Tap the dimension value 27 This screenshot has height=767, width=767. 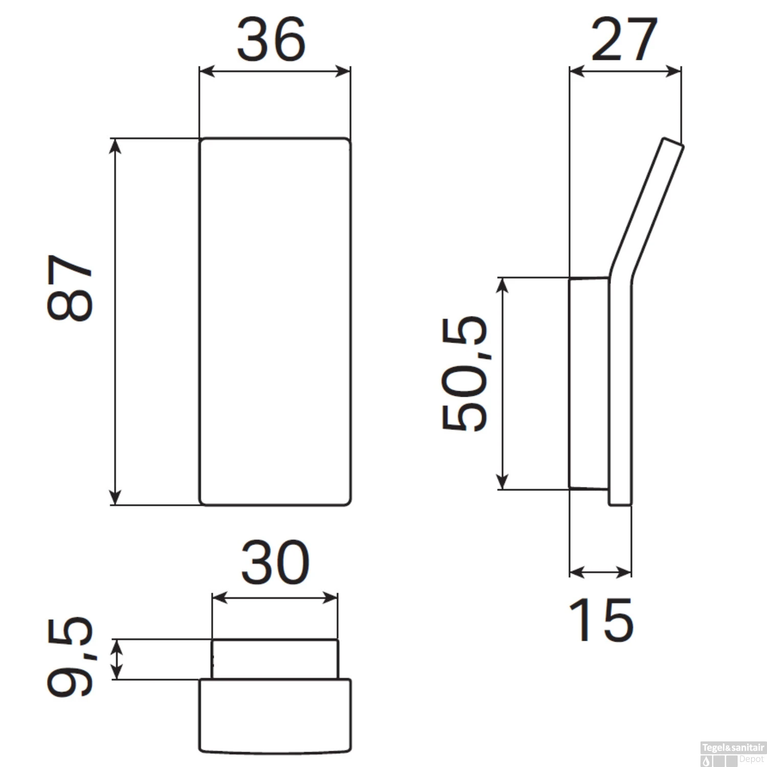click(624, 39)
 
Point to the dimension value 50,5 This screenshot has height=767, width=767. click(464, 374)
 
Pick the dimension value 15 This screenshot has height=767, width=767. click(601, 620)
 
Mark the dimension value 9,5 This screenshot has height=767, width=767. click(70, 657)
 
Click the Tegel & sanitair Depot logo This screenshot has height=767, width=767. click(733, 754)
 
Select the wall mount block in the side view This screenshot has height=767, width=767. click(589, 383)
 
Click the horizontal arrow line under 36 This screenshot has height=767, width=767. click(275, 71)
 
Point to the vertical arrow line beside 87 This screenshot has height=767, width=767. click(116, 321)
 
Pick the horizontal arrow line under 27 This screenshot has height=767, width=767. click(625, 71)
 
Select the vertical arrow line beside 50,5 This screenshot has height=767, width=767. click(503, 383)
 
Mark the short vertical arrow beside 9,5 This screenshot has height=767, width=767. click(118, 659)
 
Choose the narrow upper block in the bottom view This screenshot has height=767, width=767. click(275, 659)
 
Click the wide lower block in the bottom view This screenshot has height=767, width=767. click(275, 715)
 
